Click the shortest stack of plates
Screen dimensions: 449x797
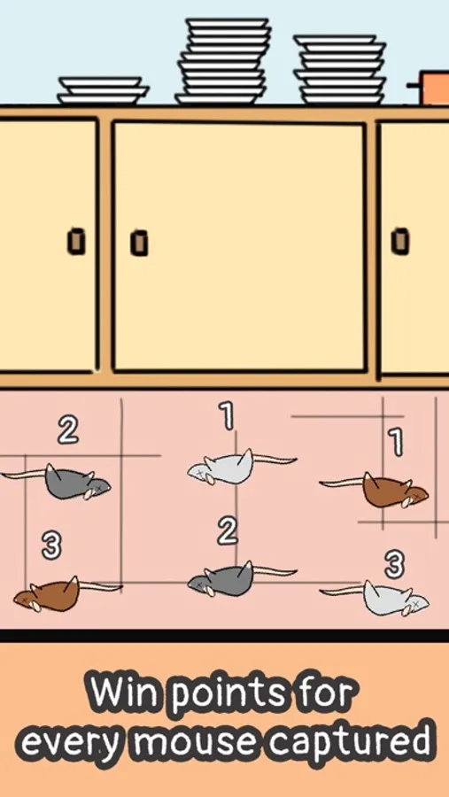(103, 90)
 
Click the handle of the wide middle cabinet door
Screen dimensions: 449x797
(139, 243)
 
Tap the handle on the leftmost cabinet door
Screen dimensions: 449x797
(76, 242)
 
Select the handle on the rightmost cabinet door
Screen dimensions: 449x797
(400, 241)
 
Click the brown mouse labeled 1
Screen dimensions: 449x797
(375, 491)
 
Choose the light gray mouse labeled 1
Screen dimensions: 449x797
(242, 466)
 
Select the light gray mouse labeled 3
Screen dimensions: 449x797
(375, 599)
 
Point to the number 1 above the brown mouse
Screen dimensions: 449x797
(396, 441)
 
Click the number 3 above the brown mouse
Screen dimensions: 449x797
(50, 546)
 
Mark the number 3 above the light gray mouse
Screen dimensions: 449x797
(394, 565)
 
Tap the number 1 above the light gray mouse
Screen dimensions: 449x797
(228, 416)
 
